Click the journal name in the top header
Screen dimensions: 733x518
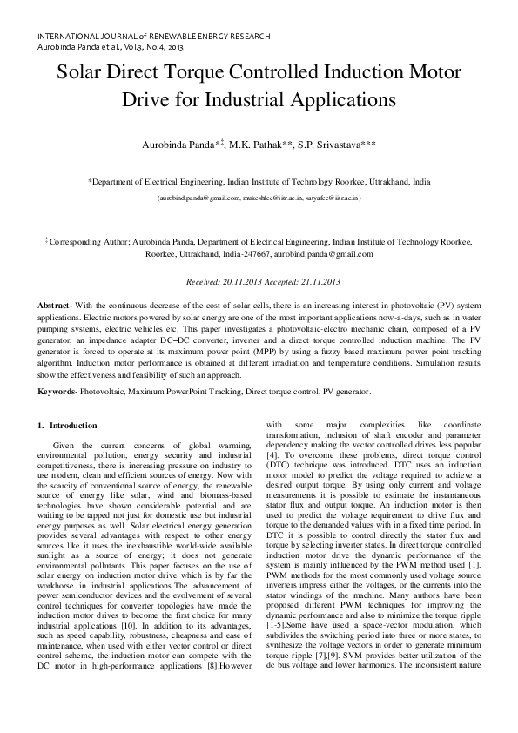coord(153,36)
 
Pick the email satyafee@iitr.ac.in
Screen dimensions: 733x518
coord(335,198)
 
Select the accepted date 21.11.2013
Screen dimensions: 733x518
coord(316,282)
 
